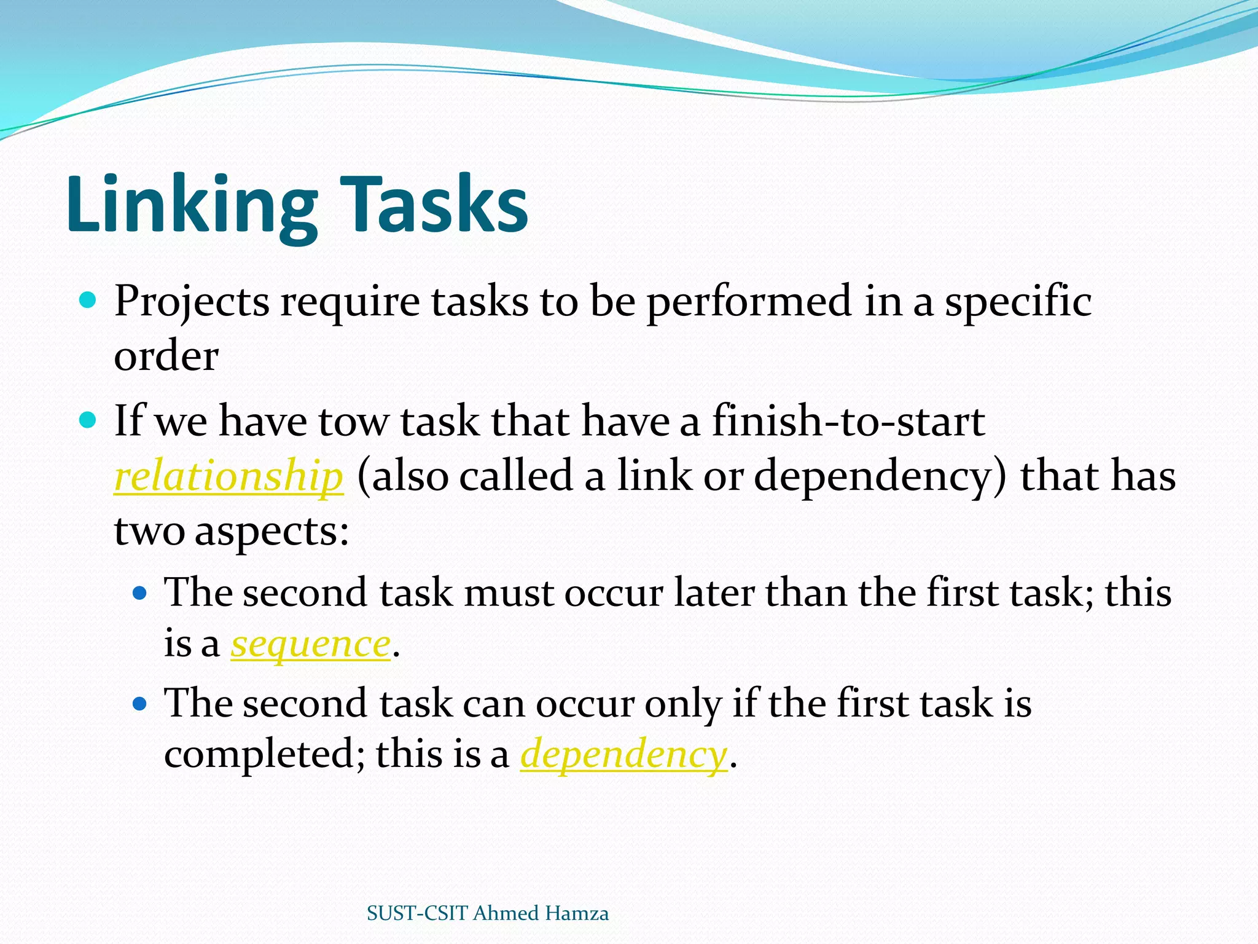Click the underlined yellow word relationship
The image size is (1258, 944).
click(x=229, y=476)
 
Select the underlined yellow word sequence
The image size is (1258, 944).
click(x=311, y=644)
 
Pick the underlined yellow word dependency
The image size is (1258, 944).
click(x=623, y=755)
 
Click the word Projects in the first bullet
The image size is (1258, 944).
click(x=192, y=302)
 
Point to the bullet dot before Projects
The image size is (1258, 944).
click(x=88, y=301)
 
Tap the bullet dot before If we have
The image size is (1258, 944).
click(x=88, y=421)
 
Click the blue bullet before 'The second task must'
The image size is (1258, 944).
click(x=140, y=593)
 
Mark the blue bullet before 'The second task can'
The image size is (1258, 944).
click(x=140, y=703)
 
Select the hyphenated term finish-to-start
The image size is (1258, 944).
click(x=848, y=422)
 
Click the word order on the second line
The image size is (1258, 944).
click(x=166, y=356)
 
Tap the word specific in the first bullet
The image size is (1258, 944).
click(x=1018, y=302)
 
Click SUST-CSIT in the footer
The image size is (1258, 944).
click(x=417, y=913)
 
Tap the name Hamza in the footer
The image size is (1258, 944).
click(x=576, y=913)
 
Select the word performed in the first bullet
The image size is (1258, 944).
click(x=749, y=302)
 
